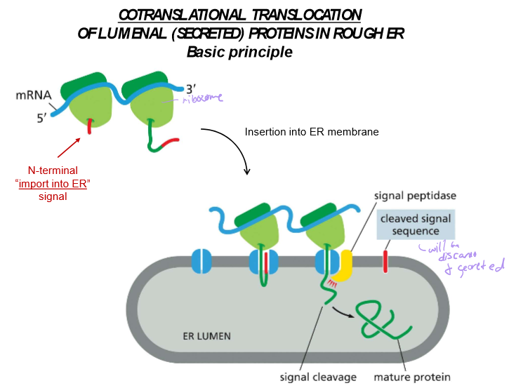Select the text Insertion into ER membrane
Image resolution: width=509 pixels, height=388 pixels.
[312, 131]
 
